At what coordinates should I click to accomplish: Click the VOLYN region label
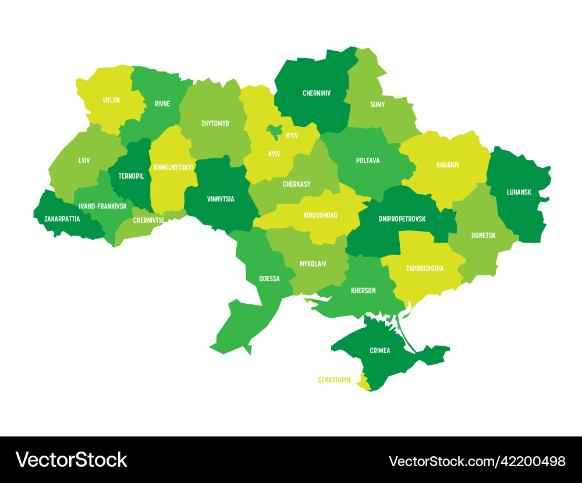[111, 100]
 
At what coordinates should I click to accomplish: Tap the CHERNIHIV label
[317, 93]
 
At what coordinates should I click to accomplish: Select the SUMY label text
[377, 105]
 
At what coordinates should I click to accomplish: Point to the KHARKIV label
[448, 165]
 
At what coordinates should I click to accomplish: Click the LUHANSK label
[519, 192]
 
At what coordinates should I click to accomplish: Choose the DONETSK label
[483, 236]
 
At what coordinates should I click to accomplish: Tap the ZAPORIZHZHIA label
[425, 269]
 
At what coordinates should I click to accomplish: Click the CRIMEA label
[380, 351]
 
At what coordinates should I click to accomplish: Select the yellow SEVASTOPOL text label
[335, 380]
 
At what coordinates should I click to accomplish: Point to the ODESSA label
[269, 279]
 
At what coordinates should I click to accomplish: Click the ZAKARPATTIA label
[62, 219]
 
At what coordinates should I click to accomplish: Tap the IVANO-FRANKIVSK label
[102, 207]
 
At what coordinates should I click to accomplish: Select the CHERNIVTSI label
[148, 221]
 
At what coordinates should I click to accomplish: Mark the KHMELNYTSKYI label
[173, 168]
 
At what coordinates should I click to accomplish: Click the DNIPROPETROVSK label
[402, 219]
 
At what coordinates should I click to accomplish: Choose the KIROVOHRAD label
[320, 216]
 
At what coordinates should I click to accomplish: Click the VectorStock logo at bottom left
[71, 460]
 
